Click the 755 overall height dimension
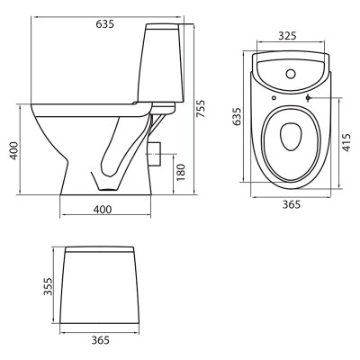click(202, 109)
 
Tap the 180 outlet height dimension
click(181, 172)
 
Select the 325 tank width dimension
click(287, 36)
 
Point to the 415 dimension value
click(346, 142)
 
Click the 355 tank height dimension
click(48, 286)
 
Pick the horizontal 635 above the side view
click(105, 24)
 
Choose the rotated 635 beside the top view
click(237, 116)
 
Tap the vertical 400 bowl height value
click(13, 150)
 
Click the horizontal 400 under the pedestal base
click(103, 210)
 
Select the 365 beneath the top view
click(292, 204)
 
